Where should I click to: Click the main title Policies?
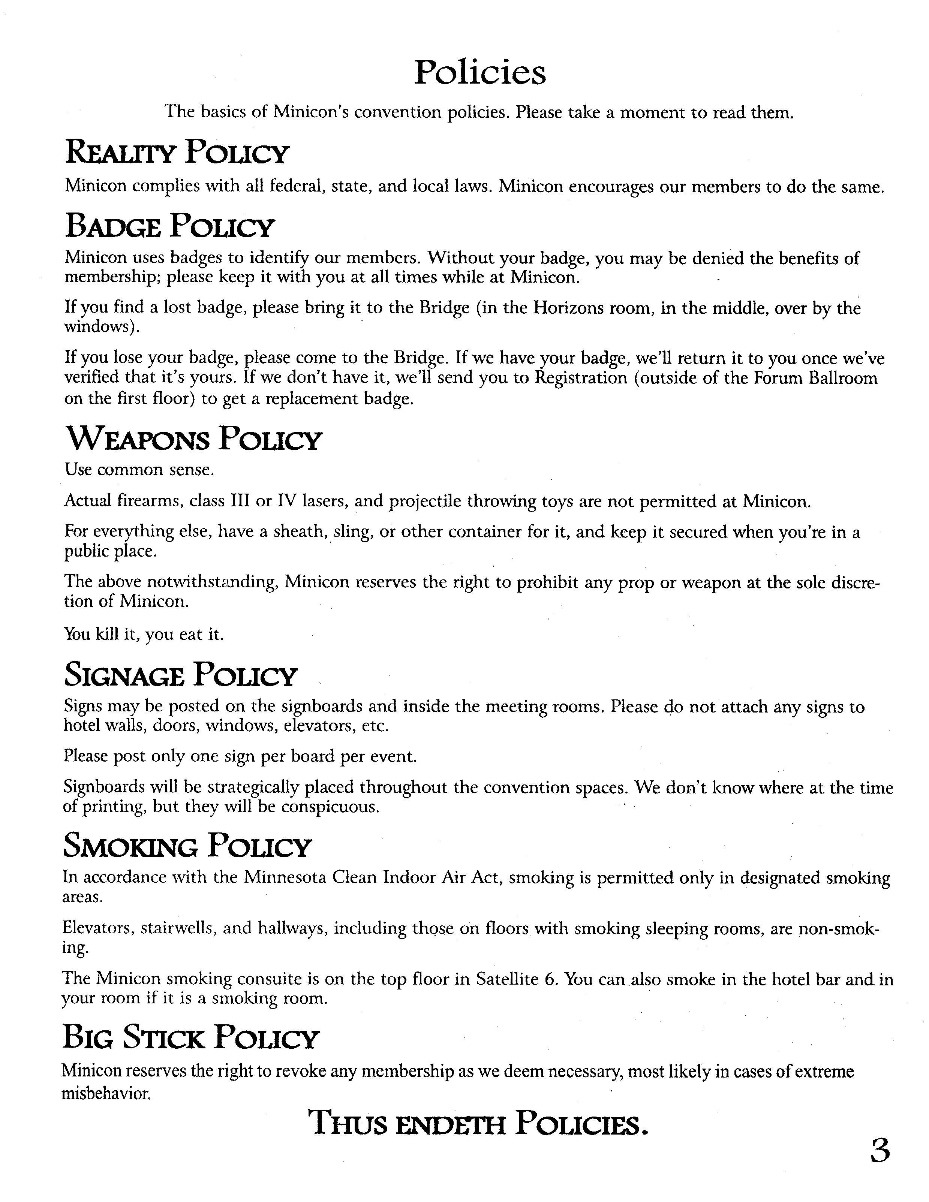(480, 73)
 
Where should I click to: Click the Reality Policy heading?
(177, 153)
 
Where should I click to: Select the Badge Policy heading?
(169, 226)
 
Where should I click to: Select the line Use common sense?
(139, 470)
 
